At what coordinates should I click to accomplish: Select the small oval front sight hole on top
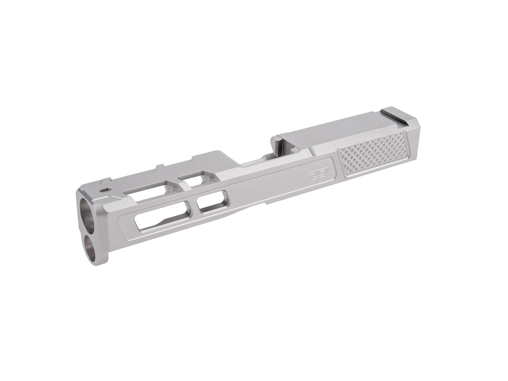(x=105, y=190)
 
